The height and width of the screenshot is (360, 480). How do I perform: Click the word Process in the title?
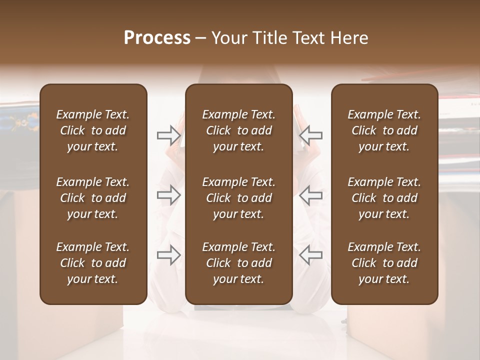pyautogui.click(x=157, y=38)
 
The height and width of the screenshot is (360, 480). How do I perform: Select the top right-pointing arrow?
pyautogui.click(x=168, y=135)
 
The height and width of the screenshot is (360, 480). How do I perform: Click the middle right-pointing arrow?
pyautogui.click(x=168, y=195)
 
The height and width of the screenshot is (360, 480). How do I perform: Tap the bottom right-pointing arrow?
pyautogui.click(x=168, y=255)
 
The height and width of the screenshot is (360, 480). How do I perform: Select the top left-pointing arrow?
pyautogui.click(x=310, y=135)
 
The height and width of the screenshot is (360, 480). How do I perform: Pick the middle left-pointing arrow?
pyautogui.click(x=310, y=195)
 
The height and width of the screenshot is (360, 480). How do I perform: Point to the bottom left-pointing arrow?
pyautogui.click(x=310, y=255)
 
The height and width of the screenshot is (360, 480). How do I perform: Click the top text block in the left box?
pyautogui.click(x=93, y=130)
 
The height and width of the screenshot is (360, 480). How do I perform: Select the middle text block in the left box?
pyautogui.click(x=93, y=198)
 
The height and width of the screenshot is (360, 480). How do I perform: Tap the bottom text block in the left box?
pyautogui.click(x=93, y=263)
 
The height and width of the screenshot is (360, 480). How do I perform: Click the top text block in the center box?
pyautogui.click(x=238, y=130)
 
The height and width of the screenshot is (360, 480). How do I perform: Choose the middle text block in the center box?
pyautogui.click(x=238, y=198)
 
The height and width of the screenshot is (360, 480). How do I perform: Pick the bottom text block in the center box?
pyautogui.click(x=238, y=263)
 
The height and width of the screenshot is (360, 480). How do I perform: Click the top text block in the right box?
pyautogui.click(x=384, y=130)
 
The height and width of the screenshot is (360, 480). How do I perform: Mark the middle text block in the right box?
pyautogui.click(x=384, y=198)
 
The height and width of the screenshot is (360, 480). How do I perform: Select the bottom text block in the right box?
pyautogui.click(x=384, y=263)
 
